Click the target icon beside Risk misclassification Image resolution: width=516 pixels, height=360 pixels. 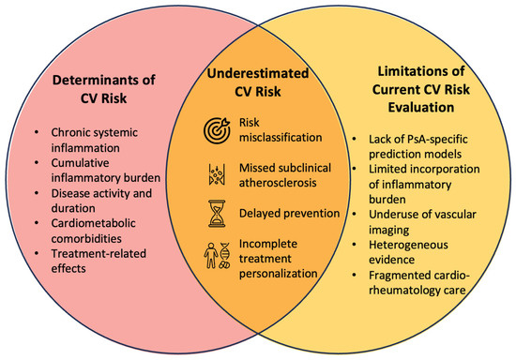(x=217, y=130)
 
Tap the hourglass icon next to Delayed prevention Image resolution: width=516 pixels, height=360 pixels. (x=217, y=214)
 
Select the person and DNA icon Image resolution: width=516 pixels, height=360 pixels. (x=217, y=255)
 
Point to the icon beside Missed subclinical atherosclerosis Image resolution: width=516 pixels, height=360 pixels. (x=217, y=174)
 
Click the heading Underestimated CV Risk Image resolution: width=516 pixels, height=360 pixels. (x=258, y=82)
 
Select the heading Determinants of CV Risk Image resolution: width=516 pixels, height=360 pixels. (x=103, y=89)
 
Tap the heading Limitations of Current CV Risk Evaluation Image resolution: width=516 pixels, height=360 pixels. (x=421, y=89)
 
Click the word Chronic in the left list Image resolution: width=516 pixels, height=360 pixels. (x=69, y=132)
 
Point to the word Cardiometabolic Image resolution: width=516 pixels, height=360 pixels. (x=93, y=223)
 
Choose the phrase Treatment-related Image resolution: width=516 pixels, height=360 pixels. (x=99, y=253)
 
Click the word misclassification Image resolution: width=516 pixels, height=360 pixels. (x=281, y=138)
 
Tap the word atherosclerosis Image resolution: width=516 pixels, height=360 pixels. (x=278, y=183)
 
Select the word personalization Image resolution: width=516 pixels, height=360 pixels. (x=278, y=274)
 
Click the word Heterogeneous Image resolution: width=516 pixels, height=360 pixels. (x=408, y=245)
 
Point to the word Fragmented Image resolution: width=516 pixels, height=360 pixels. (x=397, y=276)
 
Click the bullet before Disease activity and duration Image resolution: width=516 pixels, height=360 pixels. (x=37, y=193)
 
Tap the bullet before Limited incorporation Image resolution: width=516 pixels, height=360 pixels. (x=354, y=169)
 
